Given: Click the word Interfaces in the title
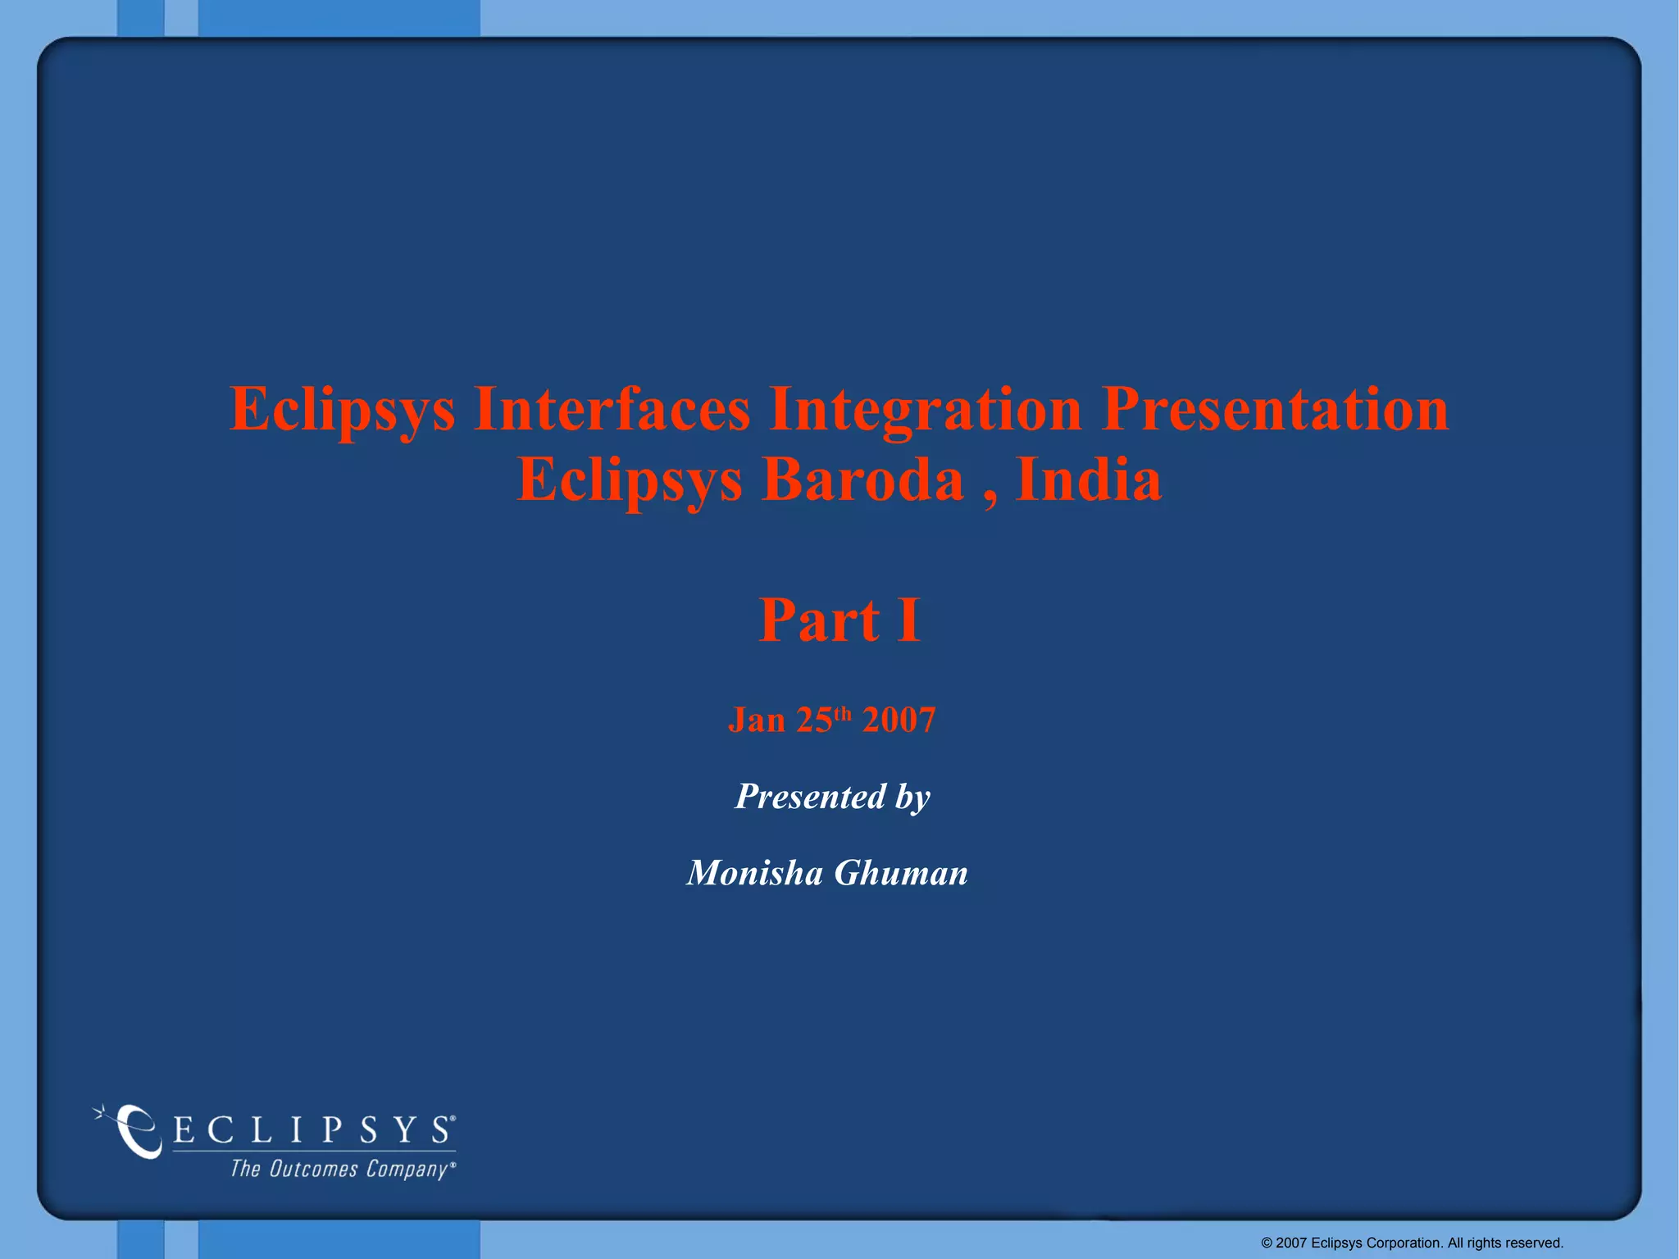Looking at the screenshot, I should coord(611,408).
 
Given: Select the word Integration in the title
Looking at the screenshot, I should coord(925,410).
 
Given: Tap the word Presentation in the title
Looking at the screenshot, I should coord(1275,408).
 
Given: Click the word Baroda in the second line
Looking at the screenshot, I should coord(862,480).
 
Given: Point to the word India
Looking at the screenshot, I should coord(1089,480).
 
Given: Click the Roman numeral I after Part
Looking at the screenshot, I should coord(908,620).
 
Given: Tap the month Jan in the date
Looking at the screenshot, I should coord(756,720).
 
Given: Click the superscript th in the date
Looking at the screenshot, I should coord(843,712).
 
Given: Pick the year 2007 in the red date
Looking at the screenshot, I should coord(899,720).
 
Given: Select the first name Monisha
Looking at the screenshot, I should coord(754,873).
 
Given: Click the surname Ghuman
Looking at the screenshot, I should coord(901,873).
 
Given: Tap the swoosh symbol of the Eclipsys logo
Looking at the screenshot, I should coord(135,1131).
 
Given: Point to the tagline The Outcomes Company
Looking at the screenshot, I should coord(339,1169).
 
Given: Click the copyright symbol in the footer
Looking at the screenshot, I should coord(1267,1243).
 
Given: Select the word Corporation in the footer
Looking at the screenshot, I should coord(1404,1243).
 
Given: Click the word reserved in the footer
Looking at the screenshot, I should coord(1535,1243).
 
